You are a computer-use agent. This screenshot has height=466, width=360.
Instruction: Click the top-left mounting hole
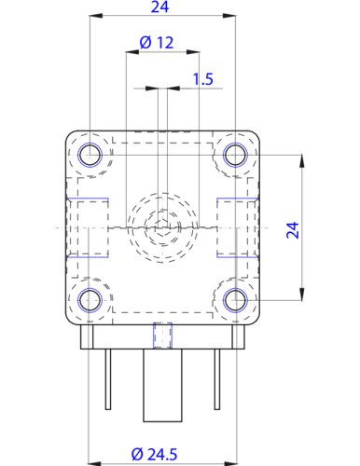[90, 154]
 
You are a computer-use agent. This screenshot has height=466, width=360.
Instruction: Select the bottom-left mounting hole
[90, 299]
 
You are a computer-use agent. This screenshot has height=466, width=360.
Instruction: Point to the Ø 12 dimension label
[156, 43]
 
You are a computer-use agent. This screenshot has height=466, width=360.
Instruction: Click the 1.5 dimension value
[202, 79]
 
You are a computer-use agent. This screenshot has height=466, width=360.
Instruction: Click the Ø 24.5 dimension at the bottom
[156, 454]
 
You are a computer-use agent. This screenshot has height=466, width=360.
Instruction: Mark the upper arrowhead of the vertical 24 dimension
[301, 159]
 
